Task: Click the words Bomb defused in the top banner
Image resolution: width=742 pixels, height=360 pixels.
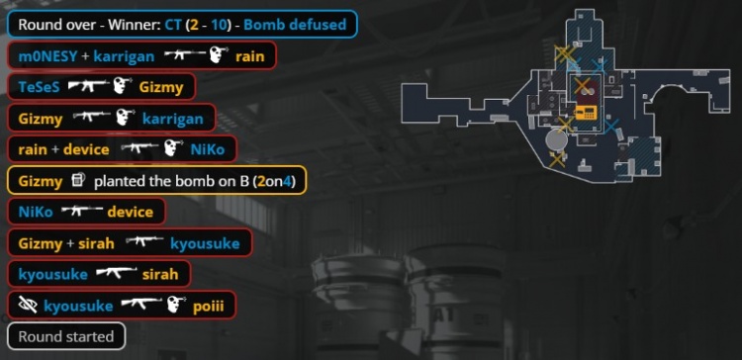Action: pyautogui.click(x=295, y=24)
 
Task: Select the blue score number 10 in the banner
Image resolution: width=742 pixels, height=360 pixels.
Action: pyautogui.click(x=219, y=24)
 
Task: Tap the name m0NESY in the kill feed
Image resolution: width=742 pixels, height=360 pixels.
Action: pyautogui.click(x=47, y=56)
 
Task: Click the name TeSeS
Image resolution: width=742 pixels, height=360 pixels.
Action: pyautogui.click(x=40, y=87)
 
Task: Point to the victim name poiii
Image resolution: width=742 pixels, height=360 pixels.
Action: pyautogui.click(x=208, y=307)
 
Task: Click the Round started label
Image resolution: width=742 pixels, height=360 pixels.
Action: pyautogui.click(x=66, y=337)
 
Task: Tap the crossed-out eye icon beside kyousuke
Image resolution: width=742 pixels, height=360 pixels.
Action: pyautogui.click(x=28, y=306)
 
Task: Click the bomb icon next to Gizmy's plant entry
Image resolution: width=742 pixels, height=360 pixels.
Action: pyautogui.click(x=78, y=180)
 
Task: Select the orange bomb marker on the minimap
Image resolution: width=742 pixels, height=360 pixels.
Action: pyautogui.click(x=586, y=112)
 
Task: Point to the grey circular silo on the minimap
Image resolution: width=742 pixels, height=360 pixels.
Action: pyautogui.click(x=556, y=140)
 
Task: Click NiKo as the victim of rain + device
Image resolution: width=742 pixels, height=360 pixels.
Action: pyautogui.click(x=208, y=149)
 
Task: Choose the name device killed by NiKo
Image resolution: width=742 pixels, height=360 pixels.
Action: pyautogui.click(x=131, y=212)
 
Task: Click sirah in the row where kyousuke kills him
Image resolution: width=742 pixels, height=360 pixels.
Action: pyautogui.click(x=160, y=274)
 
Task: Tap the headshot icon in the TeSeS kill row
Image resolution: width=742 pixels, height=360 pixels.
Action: pyautogui.click(x=123, y=86)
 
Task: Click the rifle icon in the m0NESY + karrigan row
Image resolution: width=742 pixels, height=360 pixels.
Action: pyautogui.click(x=185, y=55)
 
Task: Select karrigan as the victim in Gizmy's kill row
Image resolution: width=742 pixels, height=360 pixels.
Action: pyautogui.click(x=173, y=120)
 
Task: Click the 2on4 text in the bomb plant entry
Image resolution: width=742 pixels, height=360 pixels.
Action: pyautogui.click(x=274, y=181)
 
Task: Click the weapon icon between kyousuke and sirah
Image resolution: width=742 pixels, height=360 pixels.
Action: pyautogui.click(x=117, y=273)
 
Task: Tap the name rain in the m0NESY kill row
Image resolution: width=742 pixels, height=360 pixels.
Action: pyautogui.click(x=250, y=56)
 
